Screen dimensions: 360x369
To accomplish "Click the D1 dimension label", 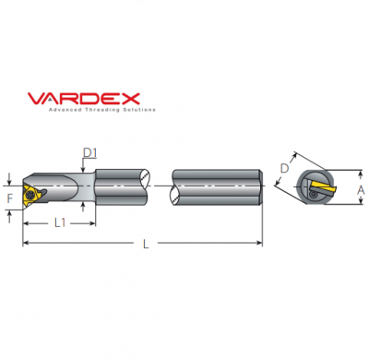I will (x=89, y=151).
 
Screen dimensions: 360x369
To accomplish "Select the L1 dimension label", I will (x=58, y=222).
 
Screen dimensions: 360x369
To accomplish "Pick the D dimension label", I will (x=284, y=168).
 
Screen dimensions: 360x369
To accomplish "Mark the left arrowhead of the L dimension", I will (x=25, y=243).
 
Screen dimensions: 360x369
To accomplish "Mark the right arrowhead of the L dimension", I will (x=261, y=243).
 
